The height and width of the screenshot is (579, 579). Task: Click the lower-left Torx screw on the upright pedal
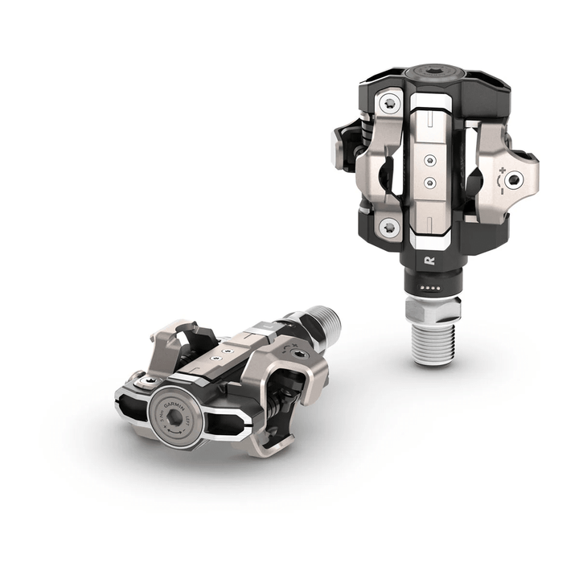coord(391,228)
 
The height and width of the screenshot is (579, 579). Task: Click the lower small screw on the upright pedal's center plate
coord(432,183)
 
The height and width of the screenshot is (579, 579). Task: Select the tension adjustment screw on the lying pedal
coord(299,354)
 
